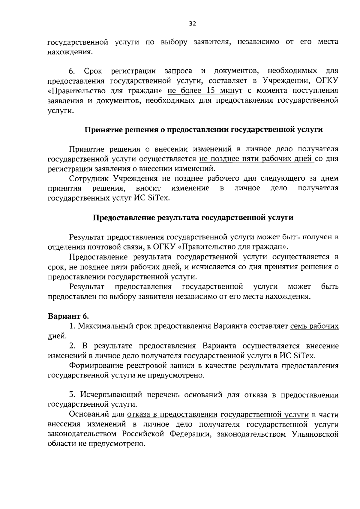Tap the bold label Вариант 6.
pos(69,316)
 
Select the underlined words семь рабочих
pos(314,326)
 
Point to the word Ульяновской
pos(315,434)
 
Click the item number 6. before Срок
pos(72,71)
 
